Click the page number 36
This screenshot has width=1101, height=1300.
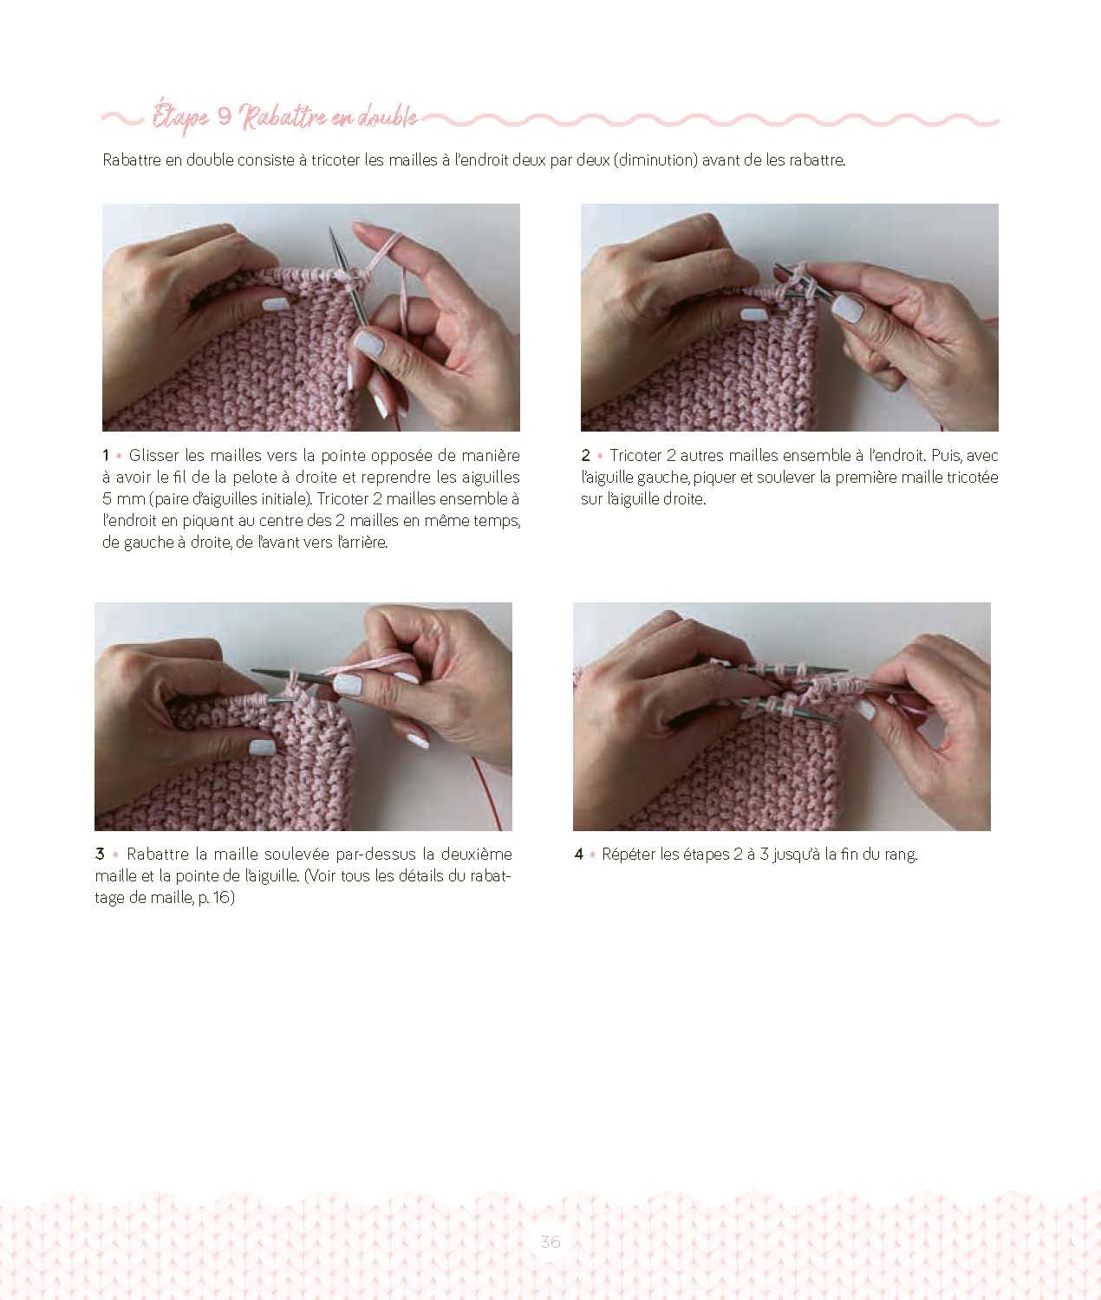[550, 1241]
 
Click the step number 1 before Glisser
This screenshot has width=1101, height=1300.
[106, 455]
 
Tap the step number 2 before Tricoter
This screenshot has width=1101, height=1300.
[585, 455]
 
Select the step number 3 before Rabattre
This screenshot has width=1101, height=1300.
[100, 854]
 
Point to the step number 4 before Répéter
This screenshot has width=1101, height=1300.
[579, 854]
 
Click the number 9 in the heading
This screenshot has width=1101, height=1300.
[225, 116]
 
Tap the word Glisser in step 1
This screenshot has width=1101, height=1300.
[153, 455]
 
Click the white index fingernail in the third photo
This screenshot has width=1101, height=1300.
[348, 684]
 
